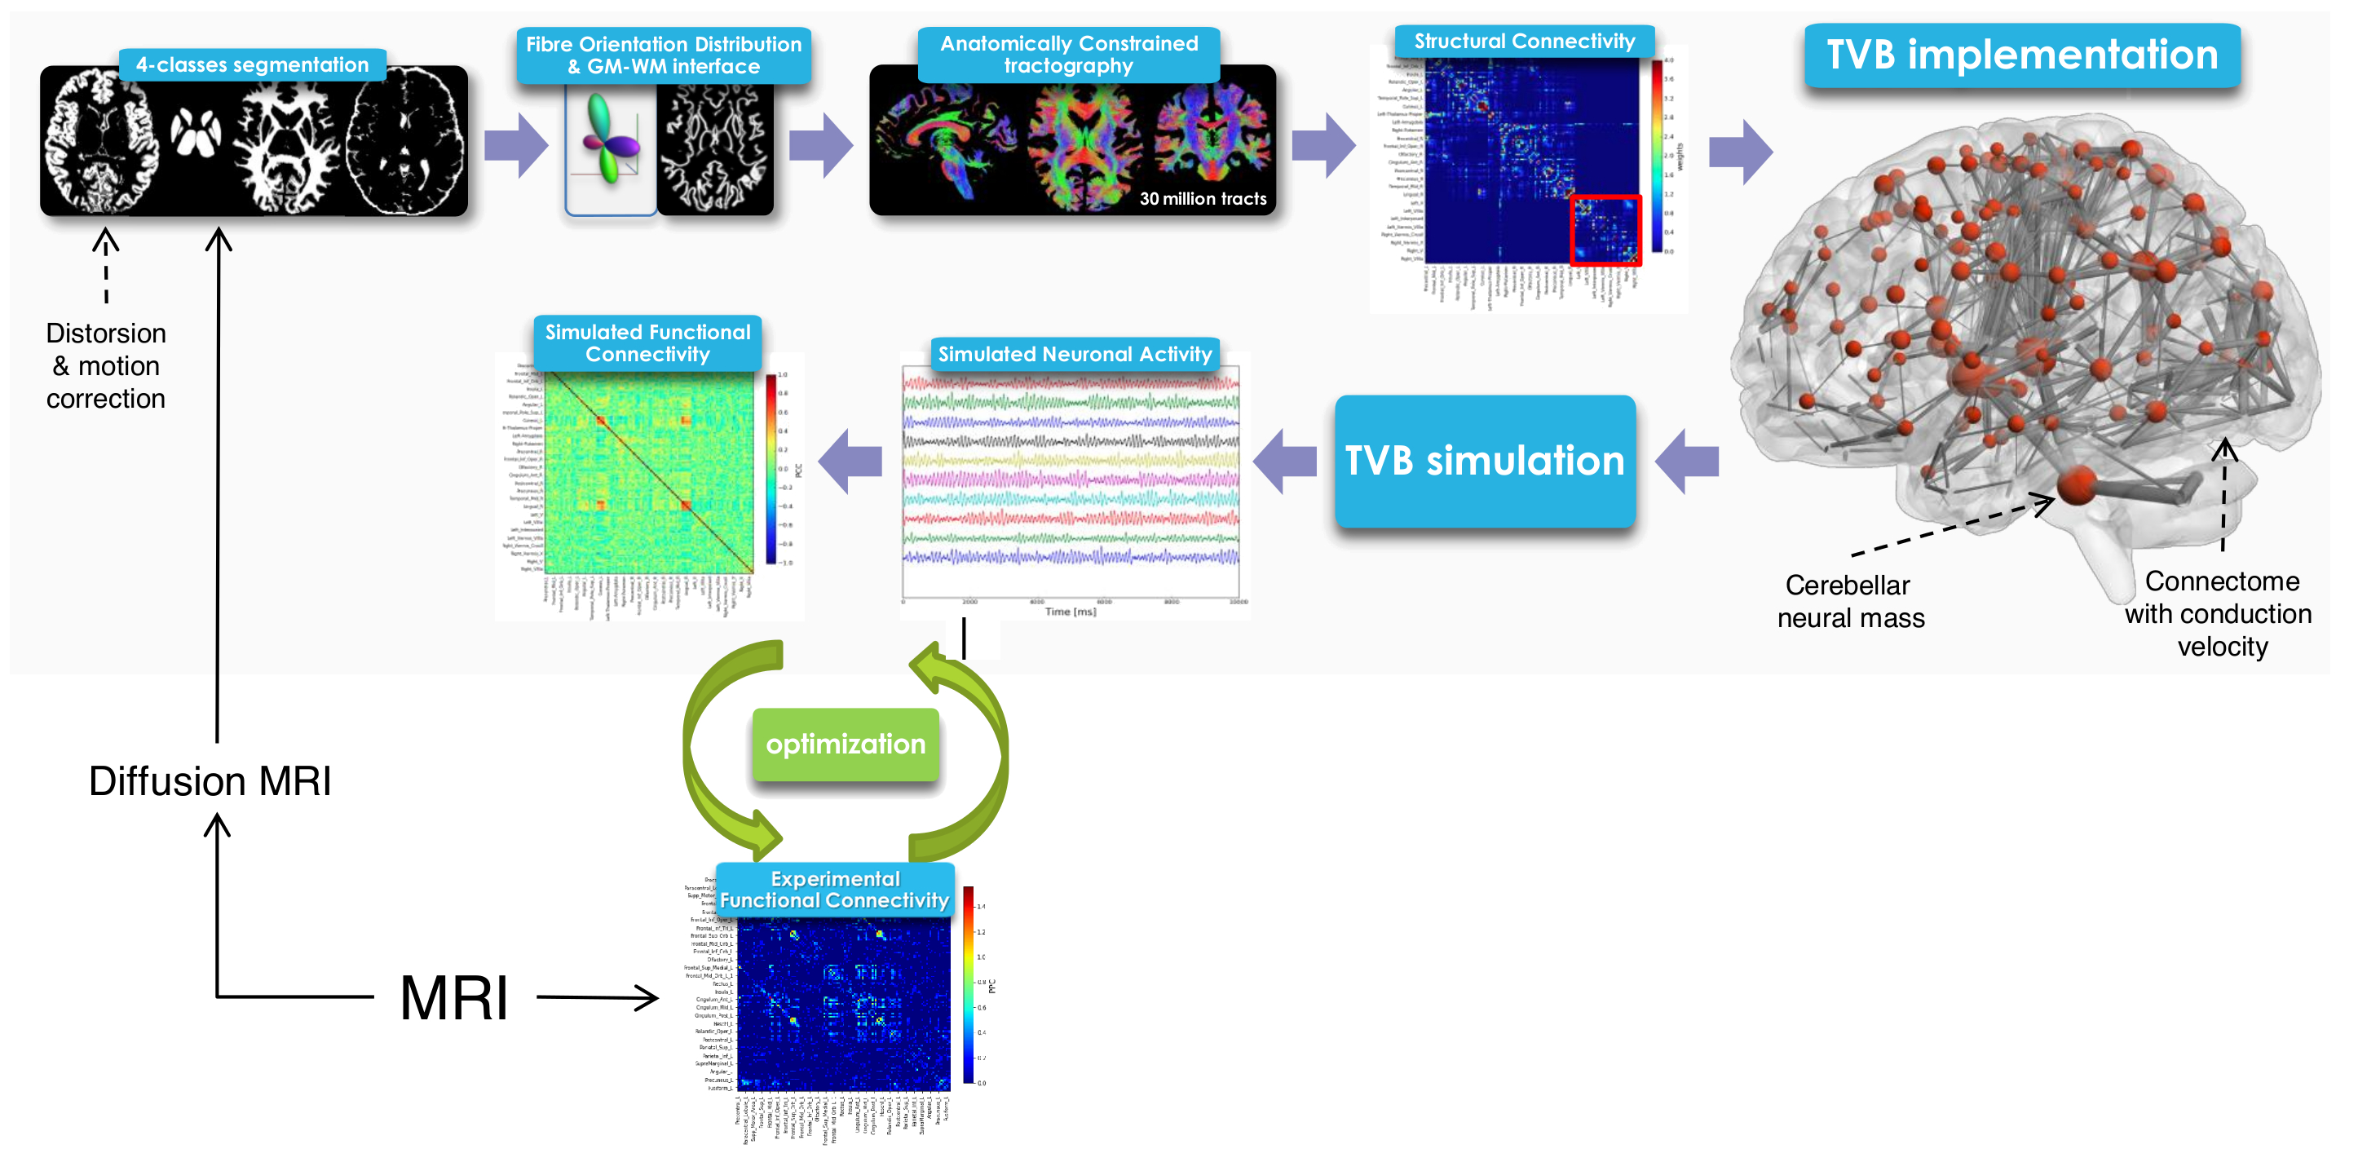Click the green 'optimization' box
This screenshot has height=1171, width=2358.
click(845, 745)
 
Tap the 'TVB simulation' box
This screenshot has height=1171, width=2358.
click(1484, 461)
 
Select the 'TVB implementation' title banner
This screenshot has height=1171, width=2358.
click(2022, 55)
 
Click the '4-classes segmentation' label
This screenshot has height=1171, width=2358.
click(253, 65)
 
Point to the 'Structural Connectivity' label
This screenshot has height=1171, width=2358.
click(1524, 42)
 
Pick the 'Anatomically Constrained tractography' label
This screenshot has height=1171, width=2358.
click(1068, 55)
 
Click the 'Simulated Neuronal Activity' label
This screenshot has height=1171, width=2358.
click(1075, 355)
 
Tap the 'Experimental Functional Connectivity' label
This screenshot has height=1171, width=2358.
click(835, 890)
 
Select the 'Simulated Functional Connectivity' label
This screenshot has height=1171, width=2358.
click(647, 343)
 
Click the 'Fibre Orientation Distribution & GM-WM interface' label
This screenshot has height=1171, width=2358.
click(664, 55)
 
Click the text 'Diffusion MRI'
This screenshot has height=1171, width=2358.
click(210, 781)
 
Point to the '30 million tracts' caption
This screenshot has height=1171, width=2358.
click(1203, 199)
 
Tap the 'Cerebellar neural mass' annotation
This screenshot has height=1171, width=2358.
click(1850, 602)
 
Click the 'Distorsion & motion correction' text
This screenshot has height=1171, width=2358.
click(106, 366)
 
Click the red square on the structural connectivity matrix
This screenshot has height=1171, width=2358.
click(1605, 230)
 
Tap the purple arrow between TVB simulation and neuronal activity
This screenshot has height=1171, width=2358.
click(1284, 462)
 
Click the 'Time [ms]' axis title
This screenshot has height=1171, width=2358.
click(1070, 612)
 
